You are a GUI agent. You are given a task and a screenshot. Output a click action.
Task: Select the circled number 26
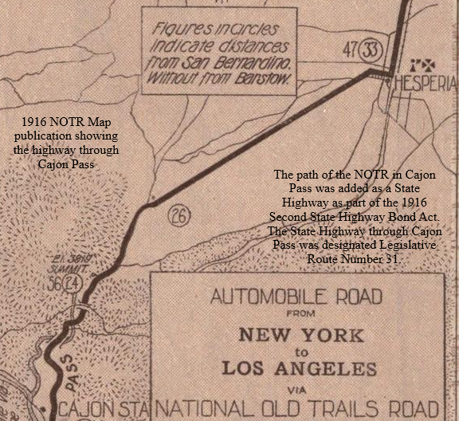(178, 216)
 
